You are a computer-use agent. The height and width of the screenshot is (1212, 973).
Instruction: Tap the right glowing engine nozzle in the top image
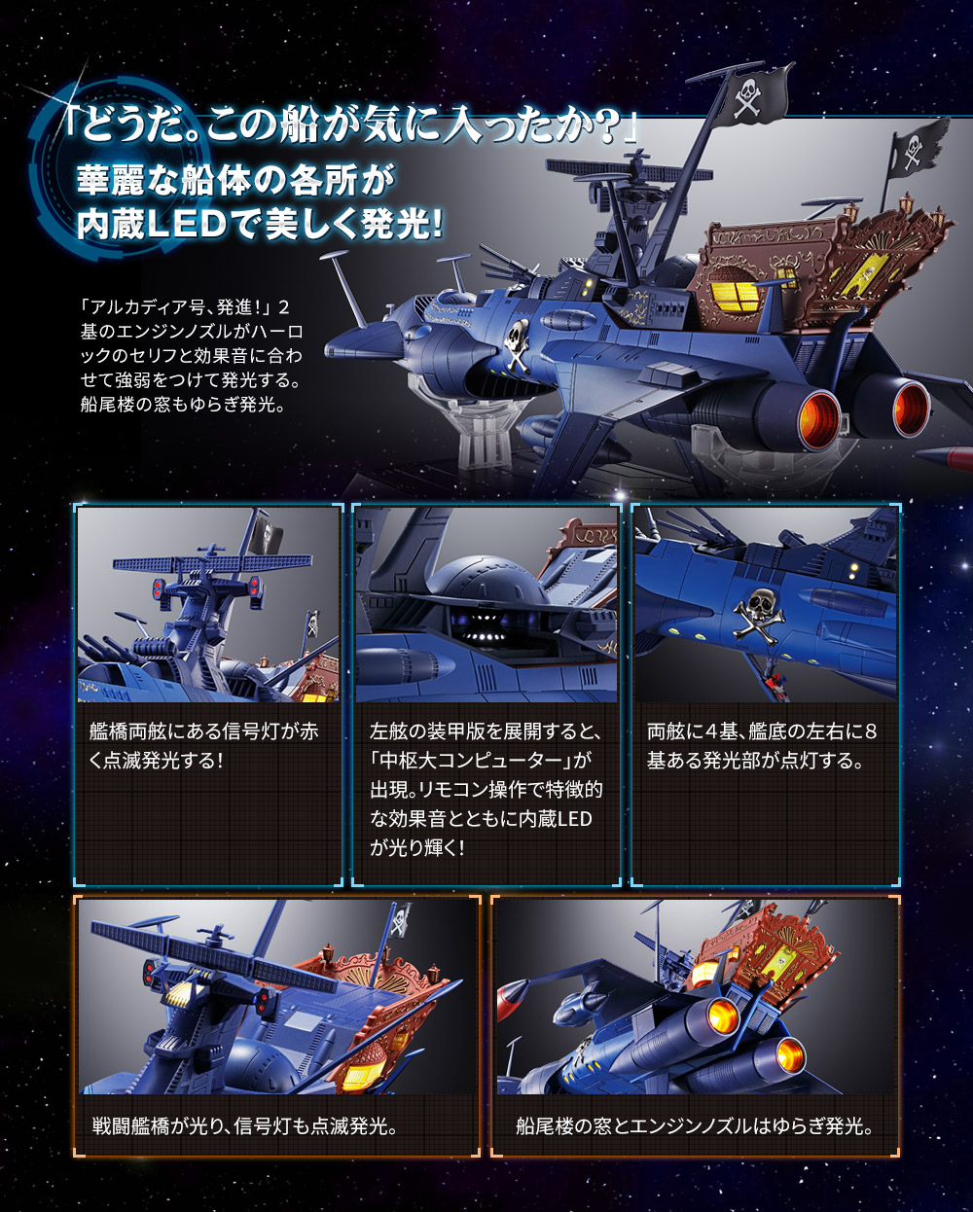(x=911, y=407)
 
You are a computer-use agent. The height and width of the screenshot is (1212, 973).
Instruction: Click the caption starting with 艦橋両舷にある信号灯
(x=203, y=745)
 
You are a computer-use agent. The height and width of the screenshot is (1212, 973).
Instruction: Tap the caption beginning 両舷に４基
(x=762, y=745)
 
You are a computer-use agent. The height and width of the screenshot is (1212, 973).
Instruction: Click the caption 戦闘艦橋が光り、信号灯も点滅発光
(x=243, y=1126)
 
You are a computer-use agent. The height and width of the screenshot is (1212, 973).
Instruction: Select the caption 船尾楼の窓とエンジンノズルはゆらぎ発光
(x=695, y=1126)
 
